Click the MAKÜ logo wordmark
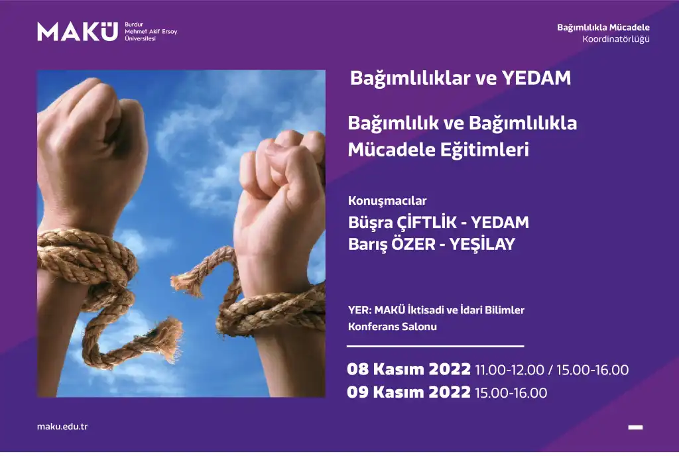78,32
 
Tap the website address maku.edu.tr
62,427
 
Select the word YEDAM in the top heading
536,78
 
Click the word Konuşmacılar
387,201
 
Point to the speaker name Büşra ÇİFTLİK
402,223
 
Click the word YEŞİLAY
483,245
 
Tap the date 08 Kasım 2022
408,369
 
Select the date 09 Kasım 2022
408,392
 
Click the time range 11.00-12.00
509,370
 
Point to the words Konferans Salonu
393,327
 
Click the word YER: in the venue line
360,310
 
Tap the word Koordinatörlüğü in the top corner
616,39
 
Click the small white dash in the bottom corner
635,427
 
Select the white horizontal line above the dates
435,346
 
